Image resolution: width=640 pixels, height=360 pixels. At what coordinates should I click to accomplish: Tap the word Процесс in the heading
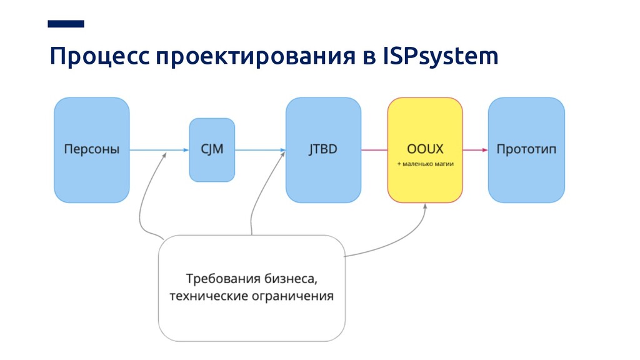point(100,57)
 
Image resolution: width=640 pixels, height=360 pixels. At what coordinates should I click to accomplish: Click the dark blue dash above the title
point(66,24)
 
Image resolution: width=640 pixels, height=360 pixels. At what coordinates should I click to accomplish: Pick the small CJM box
point(212,149)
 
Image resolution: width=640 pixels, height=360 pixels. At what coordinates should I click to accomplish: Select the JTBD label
point(322,149)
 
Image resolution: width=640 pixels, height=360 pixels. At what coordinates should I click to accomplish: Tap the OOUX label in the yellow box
point(425,149)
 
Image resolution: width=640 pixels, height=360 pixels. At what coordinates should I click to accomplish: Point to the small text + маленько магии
point(425,164)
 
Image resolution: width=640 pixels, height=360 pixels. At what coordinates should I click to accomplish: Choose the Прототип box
point(526,149)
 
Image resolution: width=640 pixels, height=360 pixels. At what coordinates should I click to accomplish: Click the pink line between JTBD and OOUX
point(374,150)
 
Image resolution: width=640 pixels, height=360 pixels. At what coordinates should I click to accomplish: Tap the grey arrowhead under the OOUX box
point(425,207)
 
